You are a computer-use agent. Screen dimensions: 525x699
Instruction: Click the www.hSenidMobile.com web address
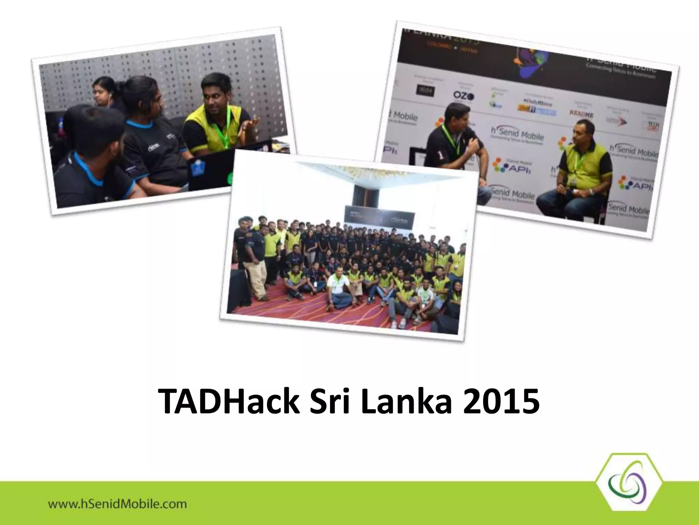tap(117, 504)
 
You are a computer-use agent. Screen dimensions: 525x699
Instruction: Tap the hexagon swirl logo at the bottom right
tap(629, 485)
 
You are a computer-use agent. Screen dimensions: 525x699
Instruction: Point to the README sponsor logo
tap(581, 113)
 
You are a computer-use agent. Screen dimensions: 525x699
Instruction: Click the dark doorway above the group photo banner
tap(363, 193)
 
